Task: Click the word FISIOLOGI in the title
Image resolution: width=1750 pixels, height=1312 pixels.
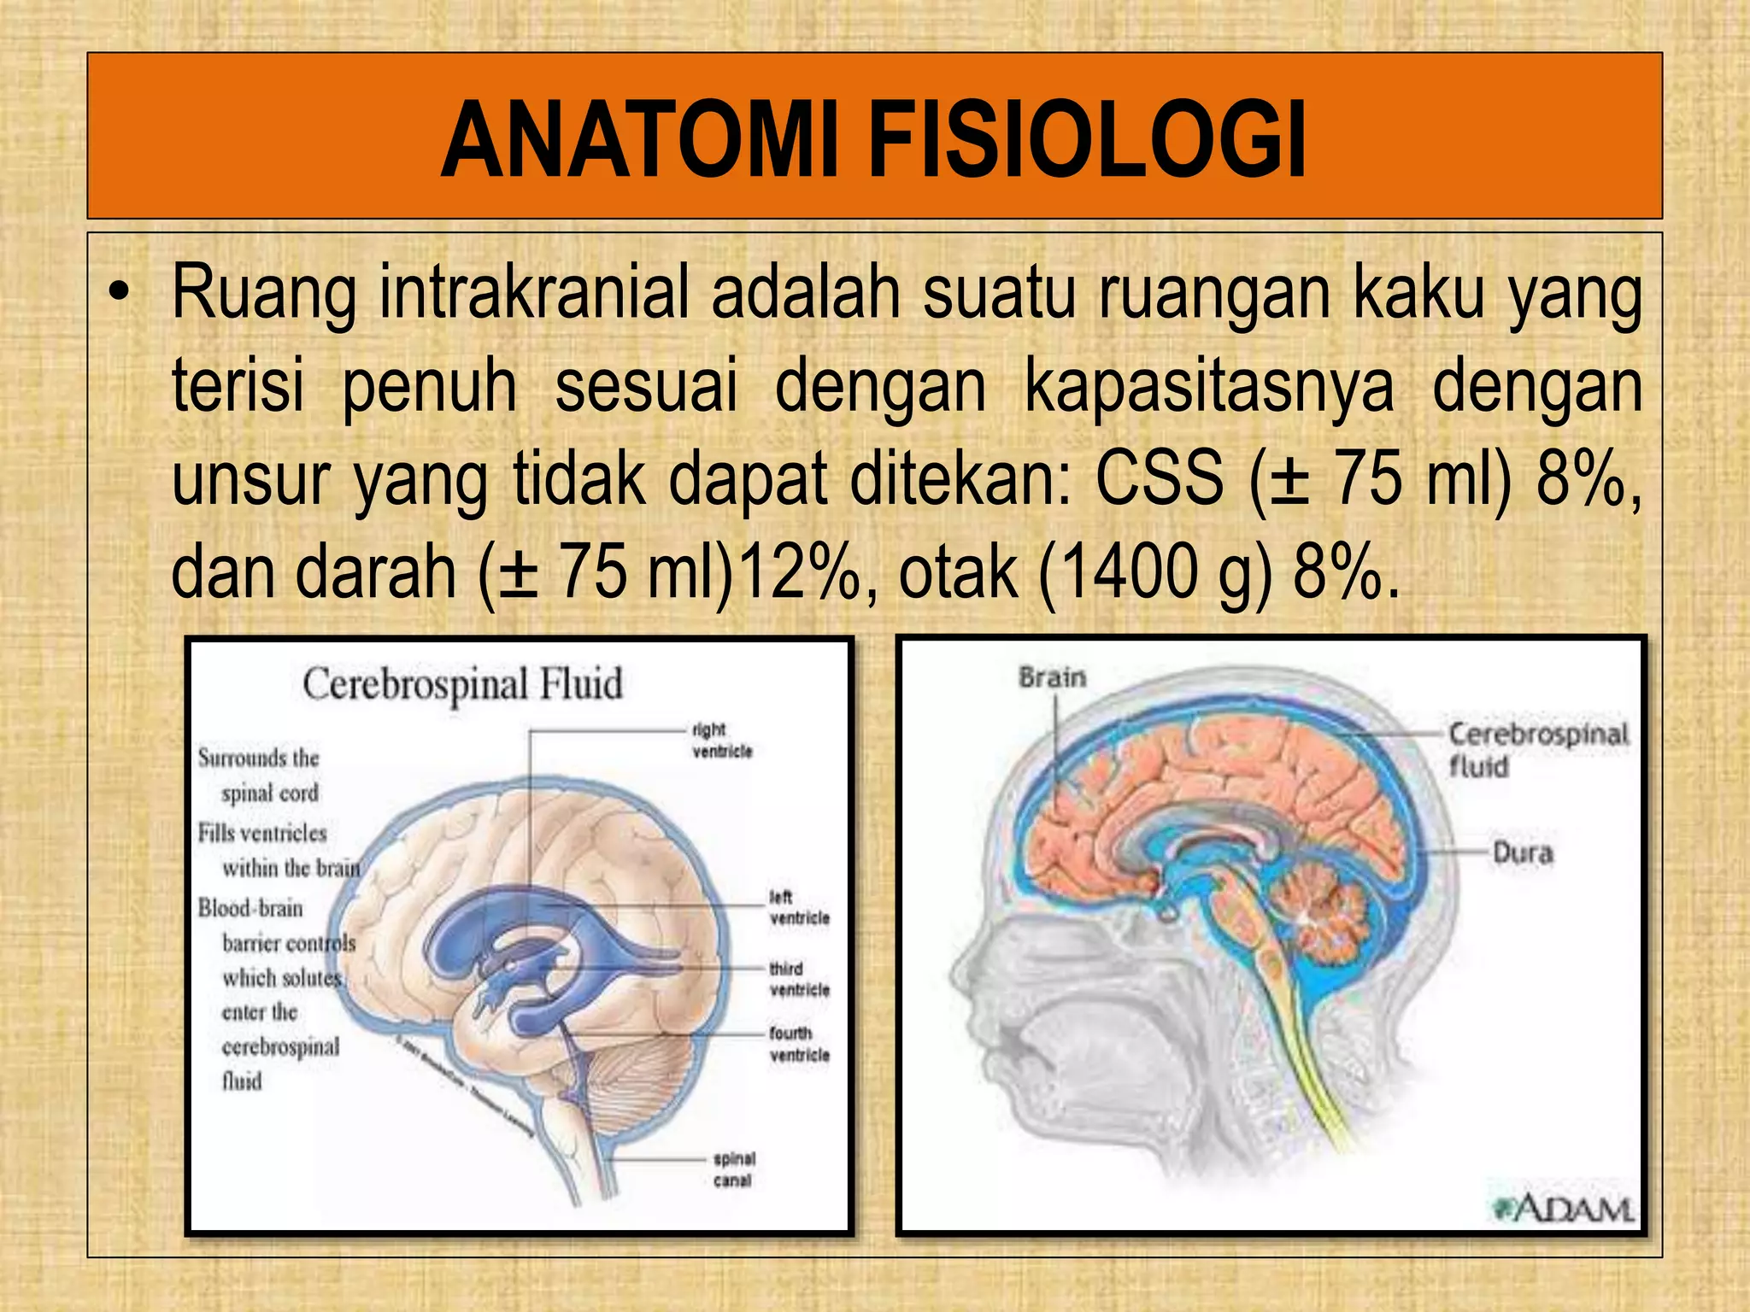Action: tap(1087, 141)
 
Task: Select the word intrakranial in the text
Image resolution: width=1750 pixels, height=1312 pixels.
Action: tap(534, 293)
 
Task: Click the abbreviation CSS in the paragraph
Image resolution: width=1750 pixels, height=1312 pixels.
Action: tap(1159, 479)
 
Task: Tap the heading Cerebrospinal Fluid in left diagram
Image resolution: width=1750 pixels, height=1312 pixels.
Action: tap(462, 685)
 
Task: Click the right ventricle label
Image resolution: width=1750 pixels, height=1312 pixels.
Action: tap(721, 741)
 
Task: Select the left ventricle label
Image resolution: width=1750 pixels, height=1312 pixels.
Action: tap(799, 907)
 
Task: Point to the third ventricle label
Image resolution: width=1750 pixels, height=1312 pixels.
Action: tap(799, 979)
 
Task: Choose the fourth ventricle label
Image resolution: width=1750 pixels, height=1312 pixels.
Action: tap(799, 1044)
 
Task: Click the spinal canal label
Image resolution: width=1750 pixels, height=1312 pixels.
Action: tap(733, 1169)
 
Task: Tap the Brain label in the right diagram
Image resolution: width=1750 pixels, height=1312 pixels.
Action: tap(1052, 678)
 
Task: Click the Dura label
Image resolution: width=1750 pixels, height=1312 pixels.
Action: tap(1522, 852)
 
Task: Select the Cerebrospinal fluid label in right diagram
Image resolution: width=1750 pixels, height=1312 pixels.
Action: tap(1536, 749)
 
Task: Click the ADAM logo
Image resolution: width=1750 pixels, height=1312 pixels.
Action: tap(1564, 1209)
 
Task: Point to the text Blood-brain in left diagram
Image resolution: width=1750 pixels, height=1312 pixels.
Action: tap(250, 908)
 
